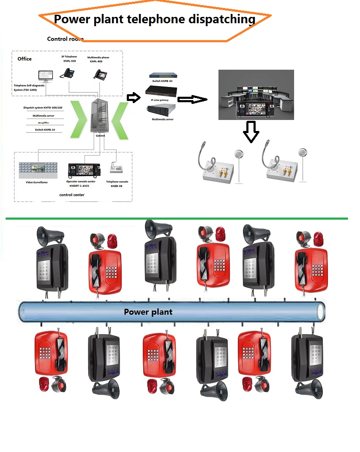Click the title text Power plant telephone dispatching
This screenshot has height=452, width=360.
click(x=155, y=19)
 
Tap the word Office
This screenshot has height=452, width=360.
click(x=25, y=59)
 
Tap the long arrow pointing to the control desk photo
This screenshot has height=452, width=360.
click(x=192, y=99)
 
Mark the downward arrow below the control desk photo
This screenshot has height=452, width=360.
click(x=251, y=132)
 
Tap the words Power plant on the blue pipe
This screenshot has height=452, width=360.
click(x=148, y=312)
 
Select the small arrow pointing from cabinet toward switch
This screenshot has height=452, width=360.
click(x=134, y=98)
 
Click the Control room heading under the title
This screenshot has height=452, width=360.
click(x=65, y=39)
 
